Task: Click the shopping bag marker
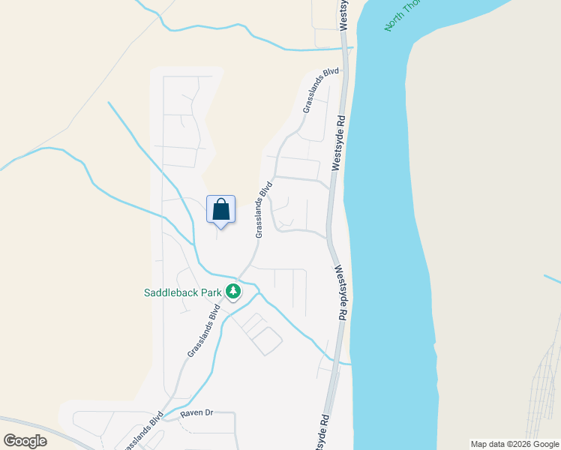tap(220, 211)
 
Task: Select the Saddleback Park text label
tap(182, 292)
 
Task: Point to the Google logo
tap(25, 441)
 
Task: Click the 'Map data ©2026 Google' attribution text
tap(515, 444)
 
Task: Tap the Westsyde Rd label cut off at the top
tap(343, 15)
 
